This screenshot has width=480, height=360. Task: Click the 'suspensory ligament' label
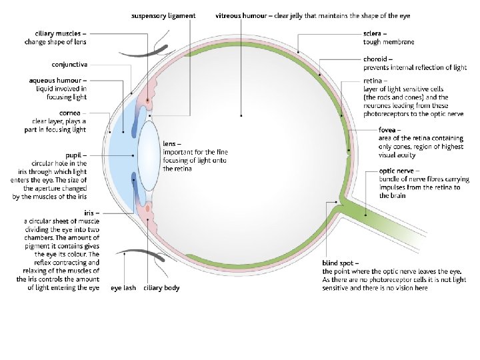pyautogui.click(x=163, y=15)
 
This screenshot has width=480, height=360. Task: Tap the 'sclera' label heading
pyautogui.click(x=373, y=32)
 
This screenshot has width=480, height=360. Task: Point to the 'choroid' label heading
pyautogui.click(x=375, y=59)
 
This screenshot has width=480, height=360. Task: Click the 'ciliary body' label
pyautogui.click(x=163, y=288)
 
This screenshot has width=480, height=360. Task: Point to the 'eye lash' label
pyautogui.click(x=123, y=288)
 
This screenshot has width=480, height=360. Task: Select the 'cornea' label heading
pyautogui.click(x=75, y=113)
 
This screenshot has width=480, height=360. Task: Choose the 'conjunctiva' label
pyautogui.click(x=69, y=65)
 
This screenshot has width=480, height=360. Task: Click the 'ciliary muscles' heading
pyautogui.click(x=58, y=32)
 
